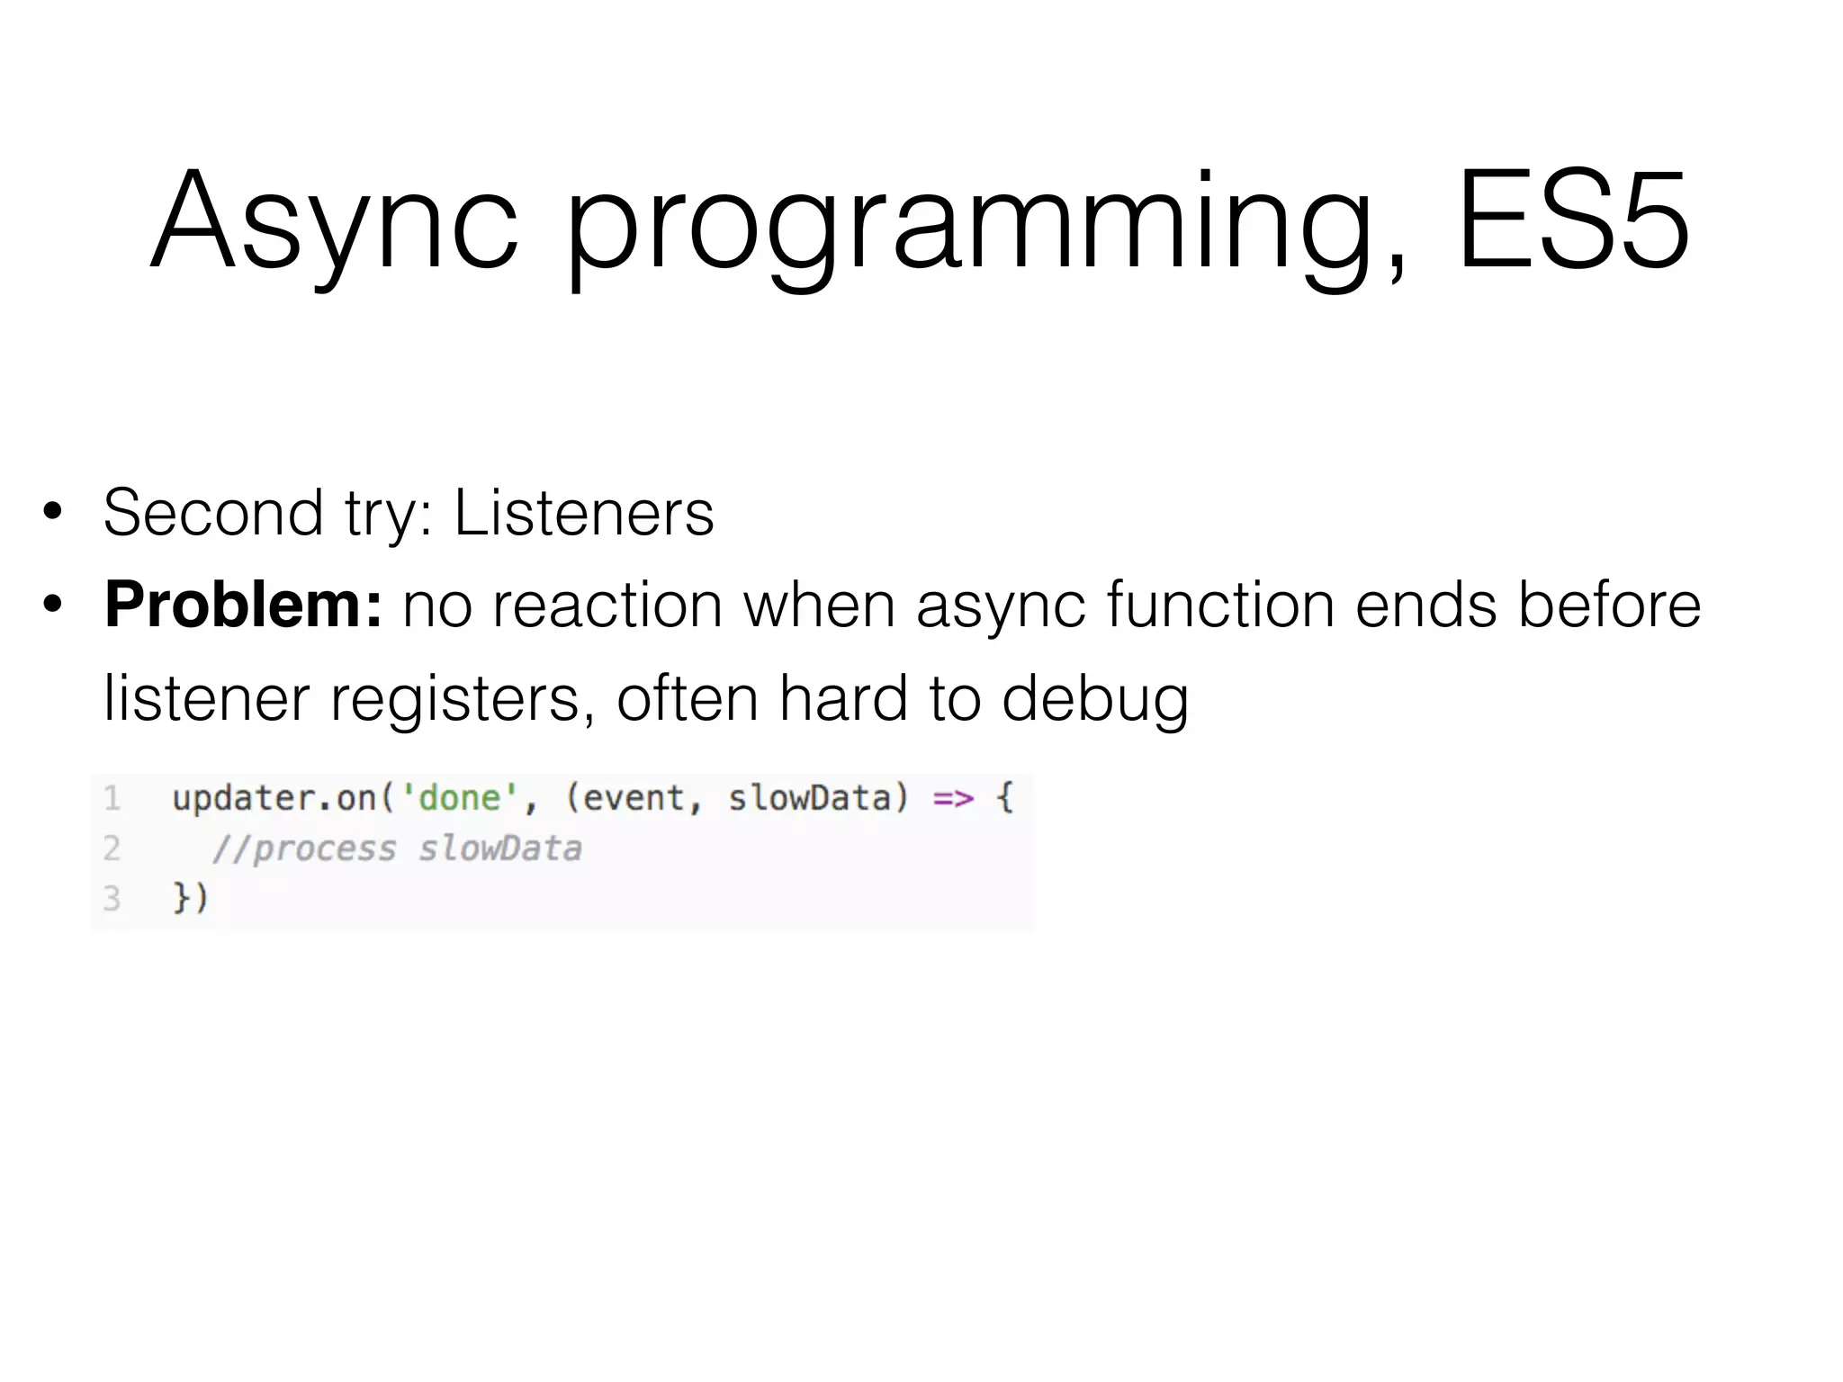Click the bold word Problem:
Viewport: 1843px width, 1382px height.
point(243,605)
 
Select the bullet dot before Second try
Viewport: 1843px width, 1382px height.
point(53,512)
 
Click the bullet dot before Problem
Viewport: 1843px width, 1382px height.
point(53,605)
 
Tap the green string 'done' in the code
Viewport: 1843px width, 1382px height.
point(459,798)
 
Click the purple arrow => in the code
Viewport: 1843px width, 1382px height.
point(953,798)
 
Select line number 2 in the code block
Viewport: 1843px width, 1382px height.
point(112,848)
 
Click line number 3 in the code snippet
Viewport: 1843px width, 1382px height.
point(112,898)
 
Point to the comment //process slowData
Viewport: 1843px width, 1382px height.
point(397,848)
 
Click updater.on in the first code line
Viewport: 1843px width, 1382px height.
point(274,798)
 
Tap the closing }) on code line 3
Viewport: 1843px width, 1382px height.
point(190,898)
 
